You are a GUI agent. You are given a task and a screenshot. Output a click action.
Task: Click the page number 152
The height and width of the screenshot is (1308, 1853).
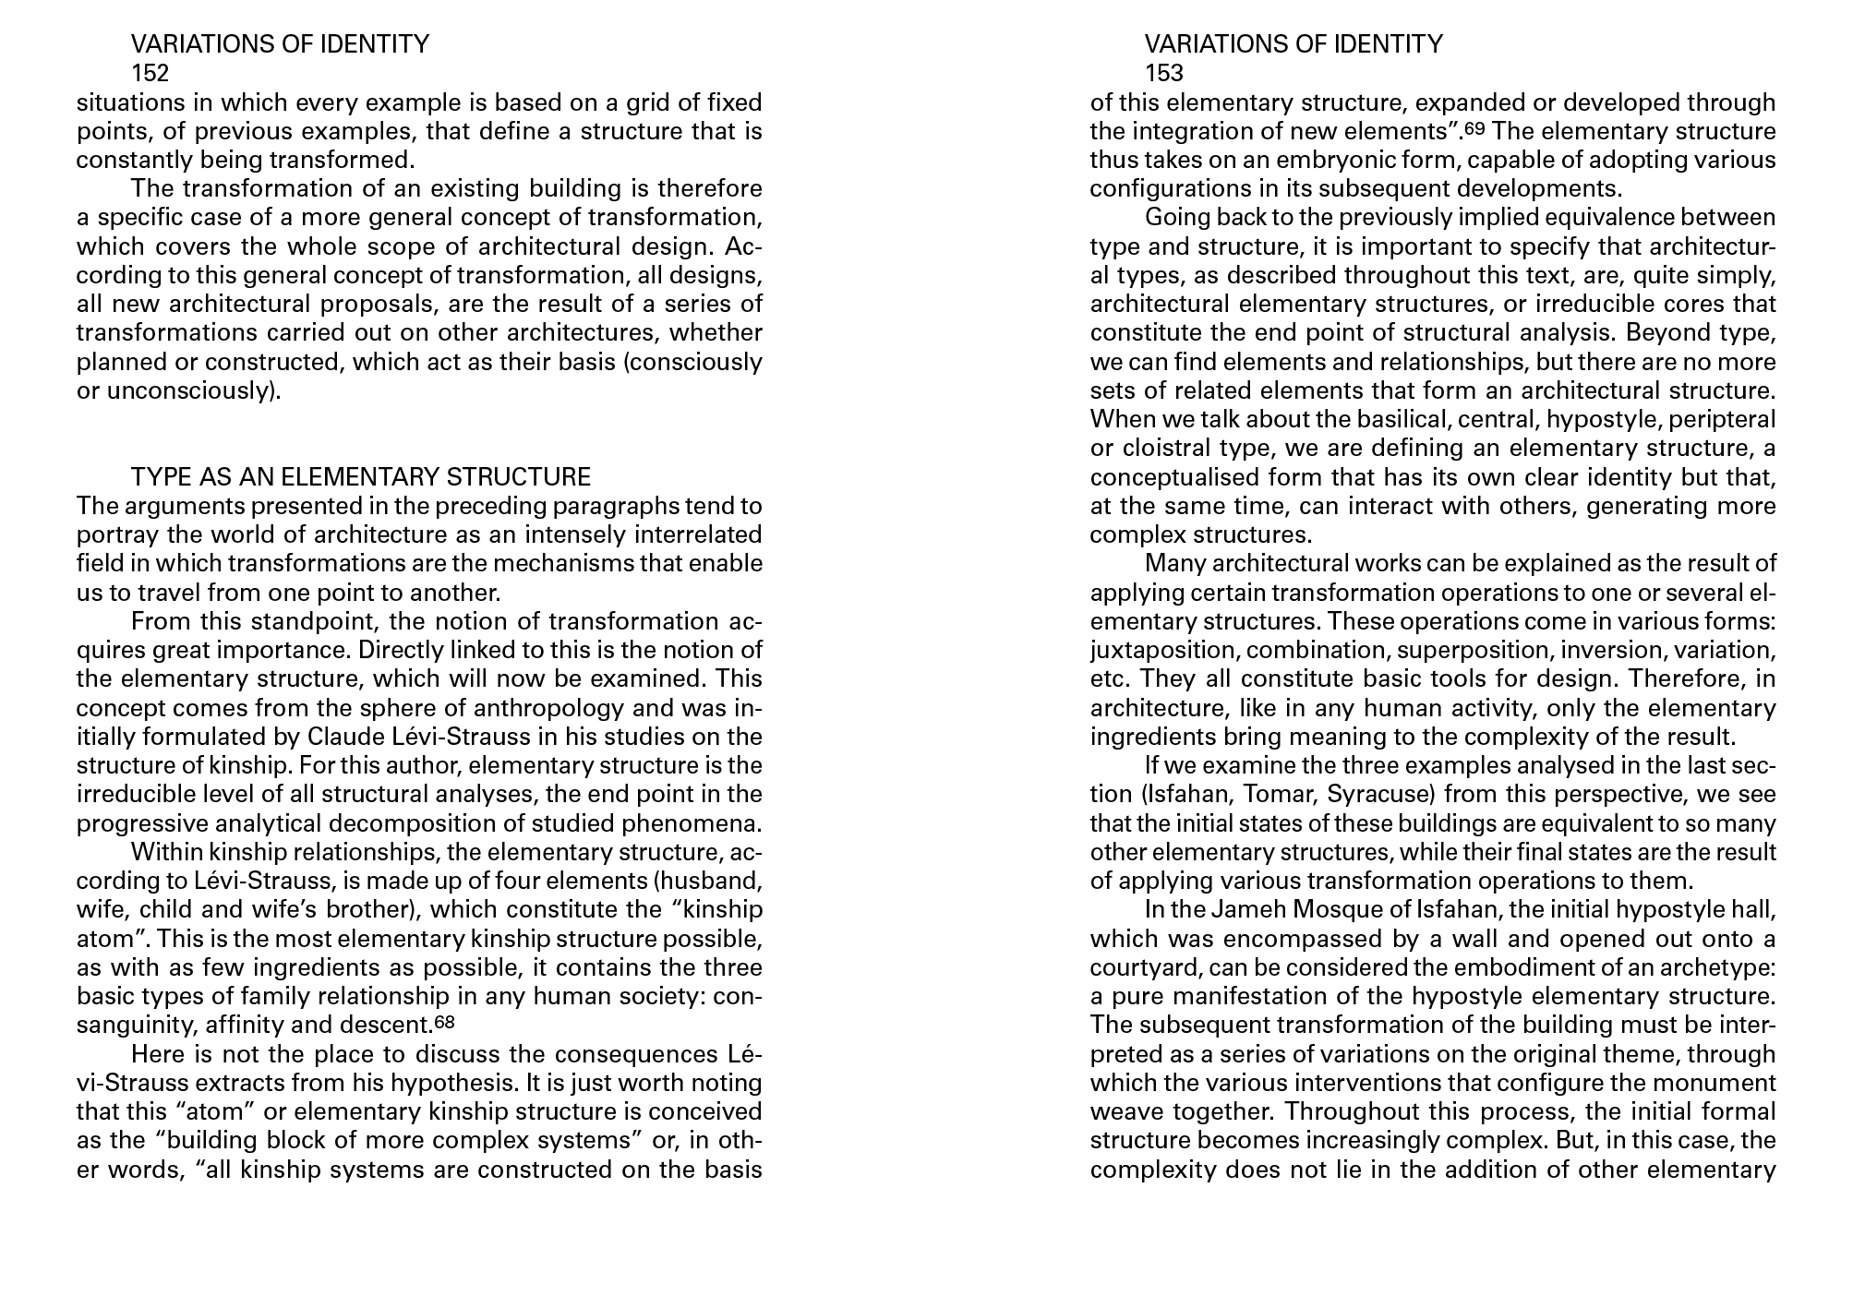[150, 73]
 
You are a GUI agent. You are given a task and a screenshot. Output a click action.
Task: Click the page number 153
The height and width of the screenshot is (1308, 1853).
[1163, 73]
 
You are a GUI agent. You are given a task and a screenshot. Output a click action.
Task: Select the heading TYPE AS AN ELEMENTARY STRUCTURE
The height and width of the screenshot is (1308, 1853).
[360, 477]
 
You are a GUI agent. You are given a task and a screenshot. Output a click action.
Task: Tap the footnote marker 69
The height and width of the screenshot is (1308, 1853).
[1476, 128]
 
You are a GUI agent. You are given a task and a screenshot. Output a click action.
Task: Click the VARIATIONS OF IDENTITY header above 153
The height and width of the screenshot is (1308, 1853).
[1293, 44]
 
